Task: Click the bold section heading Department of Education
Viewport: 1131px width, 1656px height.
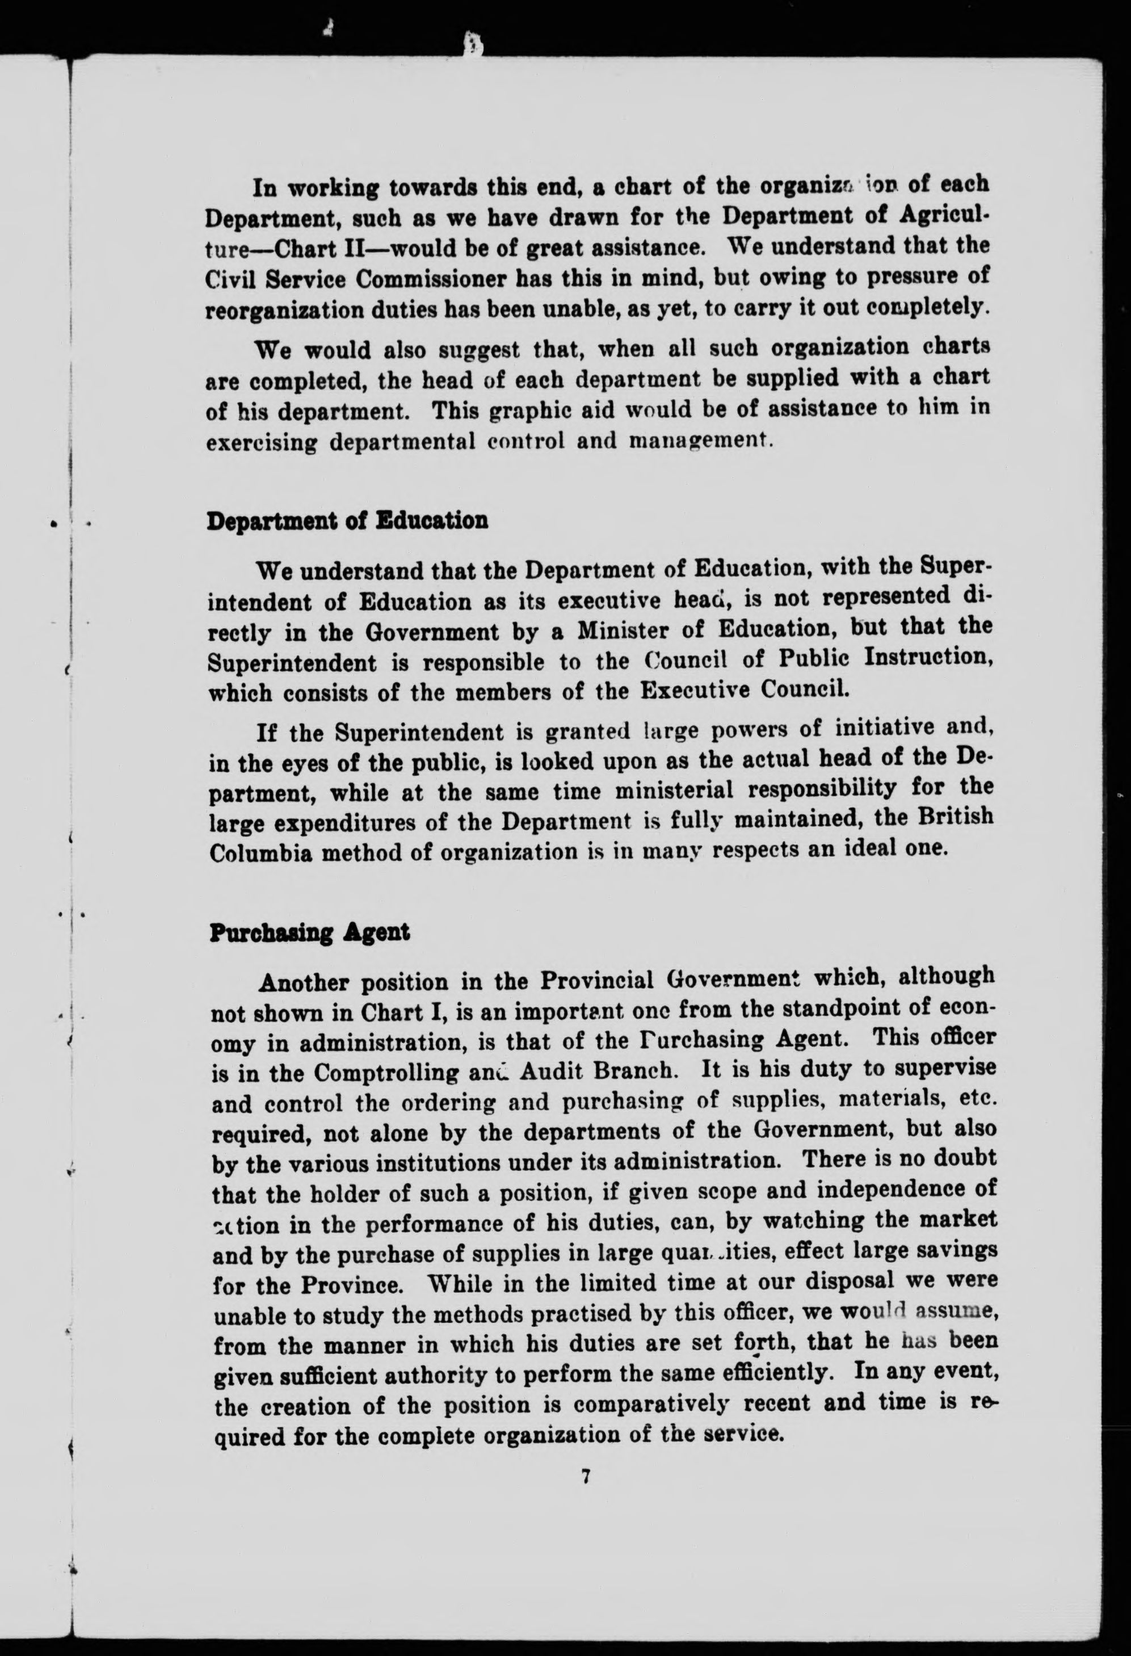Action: point(347,522)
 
